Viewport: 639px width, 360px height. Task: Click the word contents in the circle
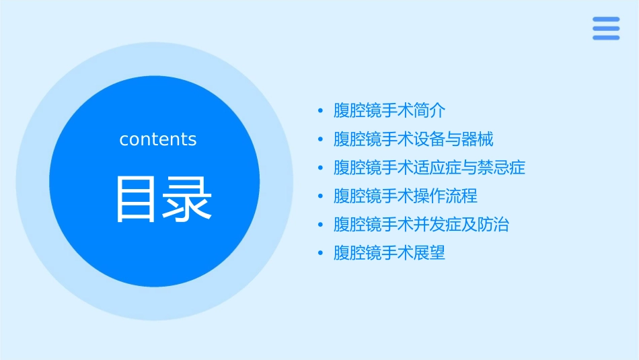[x=158, y=139]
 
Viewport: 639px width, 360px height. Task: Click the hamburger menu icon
[x=606, y=28]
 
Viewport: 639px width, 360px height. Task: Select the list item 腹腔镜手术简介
[x=389, y=110]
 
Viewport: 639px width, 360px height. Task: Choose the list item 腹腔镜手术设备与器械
[x=414, y=139]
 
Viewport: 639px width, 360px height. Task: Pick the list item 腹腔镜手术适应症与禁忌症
[x=429, y=168]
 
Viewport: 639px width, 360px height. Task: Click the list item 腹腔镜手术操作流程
[x=406, y=196]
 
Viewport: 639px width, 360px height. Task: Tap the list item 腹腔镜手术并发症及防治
[x=421, y=225]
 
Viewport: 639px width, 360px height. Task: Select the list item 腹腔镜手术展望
[x=389, y=253]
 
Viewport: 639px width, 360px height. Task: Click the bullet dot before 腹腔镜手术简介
[x=321, y=111]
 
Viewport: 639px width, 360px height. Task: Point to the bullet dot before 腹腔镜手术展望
[x=321, y=254]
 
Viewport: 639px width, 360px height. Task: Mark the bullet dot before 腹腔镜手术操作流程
[x=321, y=196]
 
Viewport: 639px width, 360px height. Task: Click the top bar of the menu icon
[x=606, y=20]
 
